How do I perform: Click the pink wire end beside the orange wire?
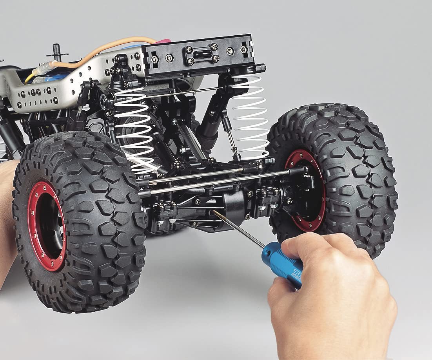pos(163,41)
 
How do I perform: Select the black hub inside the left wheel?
pos(51,231)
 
